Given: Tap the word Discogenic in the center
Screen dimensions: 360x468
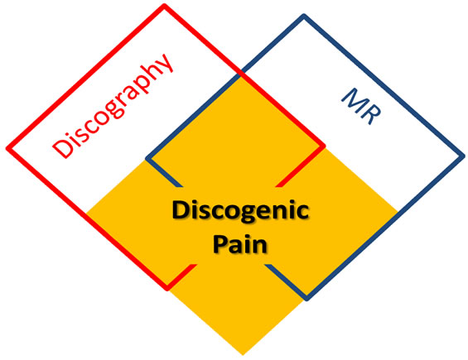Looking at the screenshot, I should tap(240, 212).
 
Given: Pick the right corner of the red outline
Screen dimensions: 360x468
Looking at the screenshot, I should tap(323, 148).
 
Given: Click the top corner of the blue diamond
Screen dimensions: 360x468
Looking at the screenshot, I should tap(304, 16).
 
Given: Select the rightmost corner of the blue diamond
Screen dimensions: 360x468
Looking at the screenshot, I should tap(462, 156).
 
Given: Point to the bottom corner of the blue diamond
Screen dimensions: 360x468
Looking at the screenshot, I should tap(306, 299).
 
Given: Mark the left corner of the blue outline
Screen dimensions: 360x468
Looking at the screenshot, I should tap(147, 157).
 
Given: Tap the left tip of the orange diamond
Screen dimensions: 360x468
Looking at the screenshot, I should tap(85, 214).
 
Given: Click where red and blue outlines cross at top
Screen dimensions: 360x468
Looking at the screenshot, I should tap(241, 74).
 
